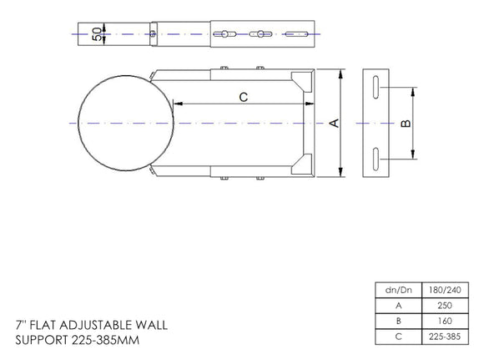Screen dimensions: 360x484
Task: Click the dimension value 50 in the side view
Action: pyautogui.click(x=97, y=34)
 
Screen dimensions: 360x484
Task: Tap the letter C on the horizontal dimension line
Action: pyautogui.click(x=243, y=97)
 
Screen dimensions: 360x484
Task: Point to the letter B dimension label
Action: pyautogui.click(x=406, y=124)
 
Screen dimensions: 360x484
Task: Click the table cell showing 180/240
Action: pyautogui.click(x=444, y=290)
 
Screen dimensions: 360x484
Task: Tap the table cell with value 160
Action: pyautogui.click(x=444, y=321)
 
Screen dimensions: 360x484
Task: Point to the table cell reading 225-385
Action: pyautogui.click(x=444, y=336)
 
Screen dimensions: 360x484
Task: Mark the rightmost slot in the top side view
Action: pyautogui.click(x=296, y=34)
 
